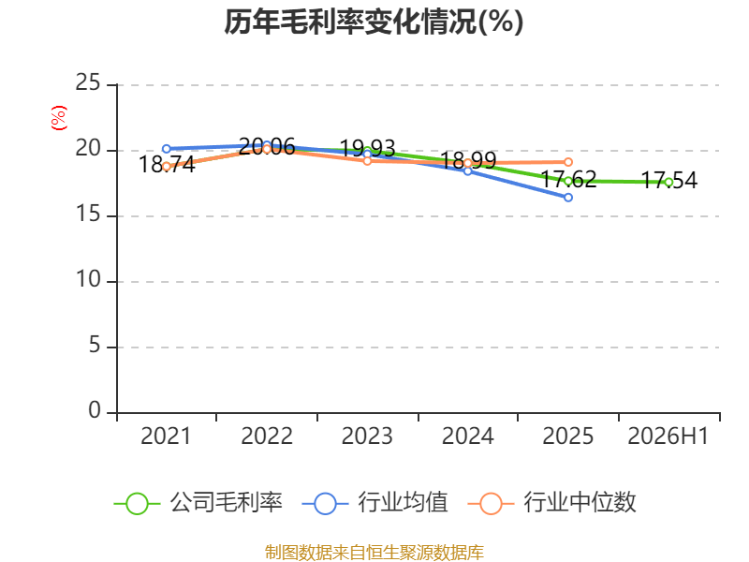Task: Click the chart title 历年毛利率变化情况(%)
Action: coord(374,22)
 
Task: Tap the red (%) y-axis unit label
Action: coord(59,118)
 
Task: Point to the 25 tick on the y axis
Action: coord(88,82)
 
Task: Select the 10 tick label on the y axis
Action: coord(88,279)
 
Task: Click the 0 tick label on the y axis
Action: coord(95,410)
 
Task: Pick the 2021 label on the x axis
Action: coord(166,436)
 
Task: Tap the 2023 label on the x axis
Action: coord(367,436)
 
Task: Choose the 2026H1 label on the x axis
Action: coord(668,436)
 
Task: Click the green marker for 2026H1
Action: coord(668,182)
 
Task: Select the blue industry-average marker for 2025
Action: coord(568,198)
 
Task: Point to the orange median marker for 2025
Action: coord(568,162)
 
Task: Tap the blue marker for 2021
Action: coord(167,149)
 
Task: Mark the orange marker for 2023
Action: coord(367,161)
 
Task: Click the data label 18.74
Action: coord(167,165)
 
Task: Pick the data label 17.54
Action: coord(668,181)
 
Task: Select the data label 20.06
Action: coord(267,147)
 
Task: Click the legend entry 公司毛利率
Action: coord(198,503)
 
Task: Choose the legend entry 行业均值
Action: coord(375,503)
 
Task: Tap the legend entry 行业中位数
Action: coord(551,503)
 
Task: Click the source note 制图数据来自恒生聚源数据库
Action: coord(374,553)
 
